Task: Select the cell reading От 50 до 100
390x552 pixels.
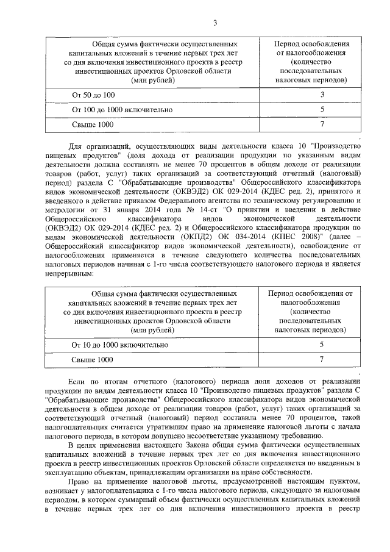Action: coord(93,95)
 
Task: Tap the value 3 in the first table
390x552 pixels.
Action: coord(322,95)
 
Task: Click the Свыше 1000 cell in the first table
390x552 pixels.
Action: coord(93,124)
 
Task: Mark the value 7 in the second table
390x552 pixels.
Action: coord(322,359)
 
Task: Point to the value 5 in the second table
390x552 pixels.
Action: coord(322,345)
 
